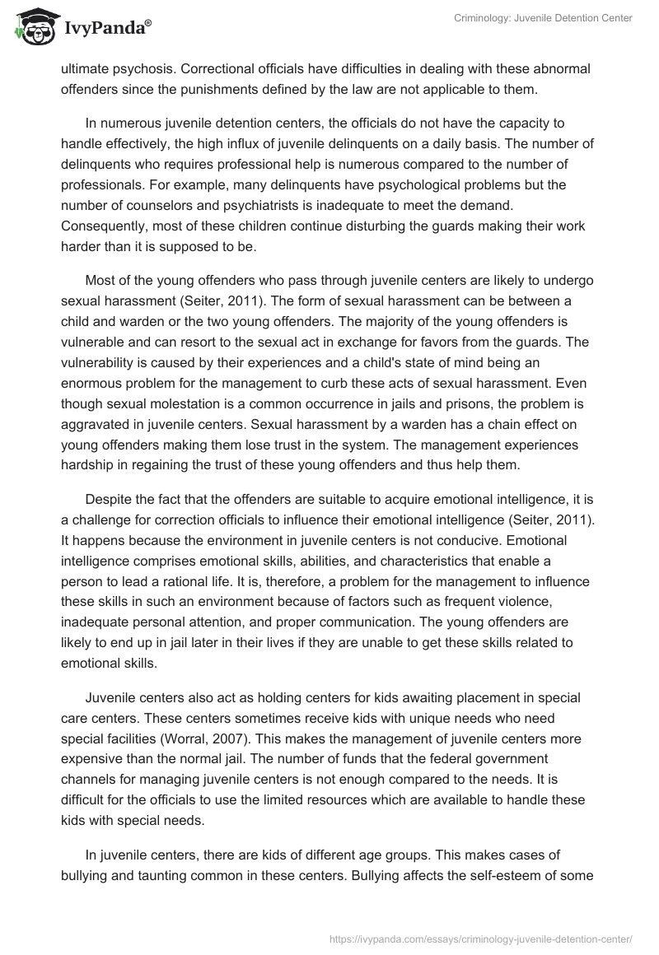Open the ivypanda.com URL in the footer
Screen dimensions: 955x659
point(479,938)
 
